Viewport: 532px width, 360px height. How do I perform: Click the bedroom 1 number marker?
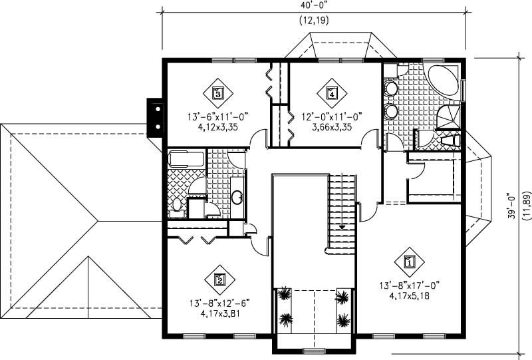[409, 261]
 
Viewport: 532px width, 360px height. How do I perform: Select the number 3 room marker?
[217, 93]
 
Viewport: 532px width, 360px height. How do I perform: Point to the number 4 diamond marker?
[331, 93]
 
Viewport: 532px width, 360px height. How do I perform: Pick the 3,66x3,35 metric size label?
[331, 127]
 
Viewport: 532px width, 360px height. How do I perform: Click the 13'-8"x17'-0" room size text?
[408, 285]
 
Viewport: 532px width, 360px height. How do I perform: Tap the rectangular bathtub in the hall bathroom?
[187, 158]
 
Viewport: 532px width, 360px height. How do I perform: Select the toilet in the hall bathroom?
[176, 208]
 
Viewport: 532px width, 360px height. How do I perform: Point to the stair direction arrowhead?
[342, 228]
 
